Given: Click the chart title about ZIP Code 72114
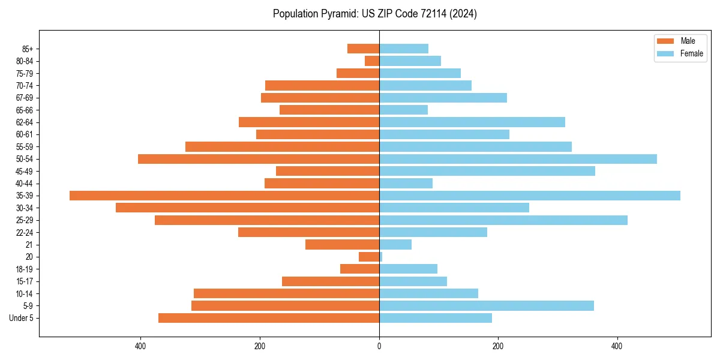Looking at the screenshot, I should [x=374, y=14].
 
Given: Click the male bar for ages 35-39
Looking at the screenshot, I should [x=224, y=196].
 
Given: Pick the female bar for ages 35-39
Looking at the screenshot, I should [x=529, y=196].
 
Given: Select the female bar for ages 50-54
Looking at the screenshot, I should [x=518, y=159].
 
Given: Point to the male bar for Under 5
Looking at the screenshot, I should [x=269, y=318].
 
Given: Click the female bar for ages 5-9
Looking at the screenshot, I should [x=486, y=306].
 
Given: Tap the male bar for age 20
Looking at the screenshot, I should [x=369, y=257].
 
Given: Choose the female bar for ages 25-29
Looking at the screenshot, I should [x=503, y=220].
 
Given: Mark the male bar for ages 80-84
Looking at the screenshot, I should [x=372, y=61].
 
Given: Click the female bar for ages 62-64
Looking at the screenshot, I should [x=472, y=122].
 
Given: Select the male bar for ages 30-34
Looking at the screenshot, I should [x=247, y=208].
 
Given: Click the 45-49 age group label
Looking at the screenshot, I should [x=25, y=171].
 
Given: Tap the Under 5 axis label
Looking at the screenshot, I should [x=22, y=318].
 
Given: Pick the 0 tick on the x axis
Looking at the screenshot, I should [x=379, y=346].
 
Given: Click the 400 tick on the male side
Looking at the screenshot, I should [x=140, y=346].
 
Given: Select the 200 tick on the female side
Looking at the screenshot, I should [x=497, y=346].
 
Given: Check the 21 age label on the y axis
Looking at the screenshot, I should [x=29, y=245].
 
